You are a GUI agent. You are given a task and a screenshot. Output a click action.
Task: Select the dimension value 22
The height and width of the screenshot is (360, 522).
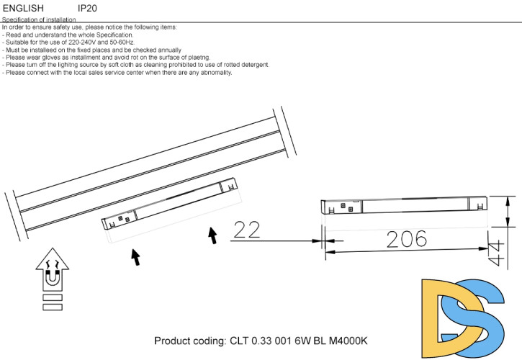[x=247, y=230]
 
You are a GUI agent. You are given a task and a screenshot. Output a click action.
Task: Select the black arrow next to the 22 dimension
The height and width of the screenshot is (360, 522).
[x=212, y=235]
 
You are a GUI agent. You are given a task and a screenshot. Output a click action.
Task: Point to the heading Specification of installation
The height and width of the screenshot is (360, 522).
[x=39, y=21]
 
